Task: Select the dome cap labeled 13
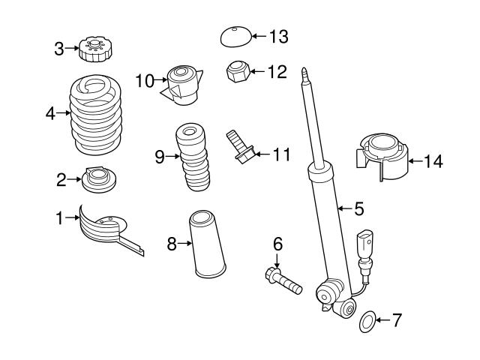click(x=235, y=36)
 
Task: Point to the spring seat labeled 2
click(x=97, y=179)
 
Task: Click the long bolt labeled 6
click(x=281, y=282)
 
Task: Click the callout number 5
click(x=358, y=208)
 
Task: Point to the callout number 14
click(x=433, y=160)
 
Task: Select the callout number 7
click(x=397, y=322)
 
